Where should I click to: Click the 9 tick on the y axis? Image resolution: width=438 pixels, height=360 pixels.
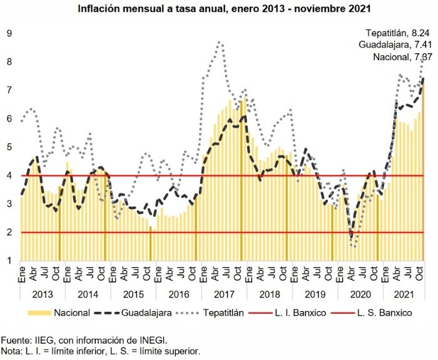point(9,33)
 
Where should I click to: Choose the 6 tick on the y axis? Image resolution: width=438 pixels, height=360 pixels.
point(9,118)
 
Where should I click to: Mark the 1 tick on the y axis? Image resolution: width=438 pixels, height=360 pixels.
point(9,260)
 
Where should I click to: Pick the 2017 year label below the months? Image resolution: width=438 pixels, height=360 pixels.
point(223,294)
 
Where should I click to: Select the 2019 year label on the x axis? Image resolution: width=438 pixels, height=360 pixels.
point(314,294)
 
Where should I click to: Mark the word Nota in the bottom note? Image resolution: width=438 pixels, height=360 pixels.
point(13,351)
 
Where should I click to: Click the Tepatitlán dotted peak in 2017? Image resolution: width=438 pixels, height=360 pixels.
point(219,42)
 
